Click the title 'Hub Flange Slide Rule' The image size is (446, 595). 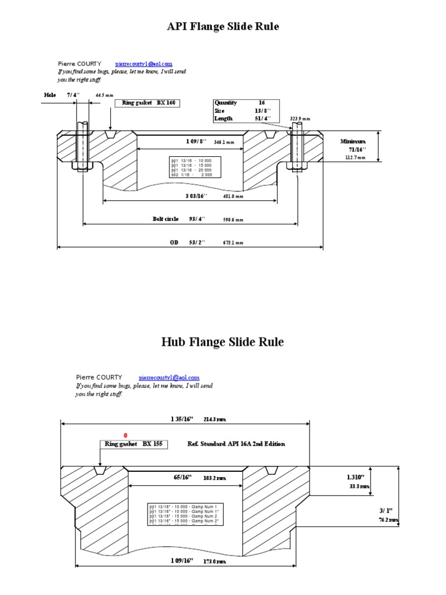click(222, 342)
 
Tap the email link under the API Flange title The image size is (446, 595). click(143, 63)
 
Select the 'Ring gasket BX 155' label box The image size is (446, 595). click(134, 444)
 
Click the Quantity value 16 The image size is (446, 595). click(262, 103)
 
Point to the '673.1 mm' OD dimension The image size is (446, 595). click(233, 243)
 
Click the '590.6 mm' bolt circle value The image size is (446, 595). click(233, 220)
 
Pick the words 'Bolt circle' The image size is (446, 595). click(166, 219)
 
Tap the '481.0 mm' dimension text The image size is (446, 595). click(233, 196)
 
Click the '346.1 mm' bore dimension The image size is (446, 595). click(224, 142)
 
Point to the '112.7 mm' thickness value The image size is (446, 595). click(355, 157)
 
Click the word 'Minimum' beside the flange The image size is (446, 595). click(353, 141)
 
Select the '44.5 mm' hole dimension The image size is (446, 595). click(105, 95)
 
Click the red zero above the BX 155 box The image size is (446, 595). click(125, 435)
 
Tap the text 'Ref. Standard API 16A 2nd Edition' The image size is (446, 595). click(236, 444)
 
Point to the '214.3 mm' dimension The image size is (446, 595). click(214, 419)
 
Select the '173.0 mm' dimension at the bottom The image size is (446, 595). click(215, 562)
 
